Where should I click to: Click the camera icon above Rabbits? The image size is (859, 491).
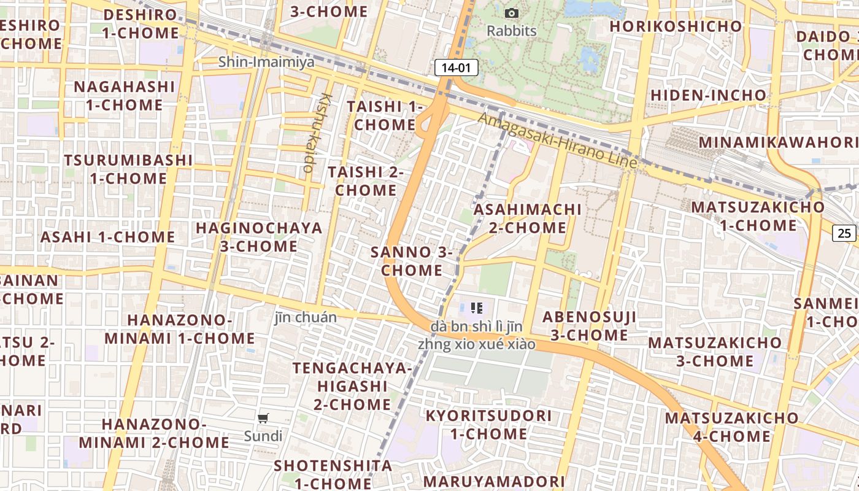[511, 13]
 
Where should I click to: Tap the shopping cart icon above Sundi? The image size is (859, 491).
[263, 419]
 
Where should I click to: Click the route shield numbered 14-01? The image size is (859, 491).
[456, 68]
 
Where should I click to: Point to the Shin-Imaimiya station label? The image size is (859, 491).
[266, 62]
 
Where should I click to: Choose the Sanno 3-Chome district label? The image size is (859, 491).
[412, 261]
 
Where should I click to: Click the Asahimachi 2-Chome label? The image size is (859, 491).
[528, 218]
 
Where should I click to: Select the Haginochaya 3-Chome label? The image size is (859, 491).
[259, 237]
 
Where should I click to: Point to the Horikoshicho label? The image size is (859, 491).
[676, 26]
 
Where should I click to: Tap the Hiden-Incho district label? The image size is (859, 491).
[708, 96]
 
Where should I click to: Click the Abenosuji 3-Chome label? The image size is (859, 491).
[589, 326]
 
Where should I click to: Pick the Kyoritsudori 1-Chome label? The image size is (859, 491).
[488, 425]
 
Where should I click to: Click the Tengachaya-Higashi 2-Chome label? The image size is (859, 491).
[352, 386]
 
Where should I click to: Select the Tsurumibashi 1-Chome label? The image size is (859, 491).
[128, 169]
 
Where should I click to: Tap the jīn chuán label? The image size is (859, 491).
[306, 317]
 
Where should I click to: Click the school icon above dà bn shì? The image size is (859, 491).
[477, 307]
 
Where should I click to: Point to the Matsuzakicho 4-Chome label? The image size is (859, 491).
[731, 427]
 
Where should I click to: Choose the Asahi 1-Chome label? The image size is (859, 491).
[108, 237]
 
